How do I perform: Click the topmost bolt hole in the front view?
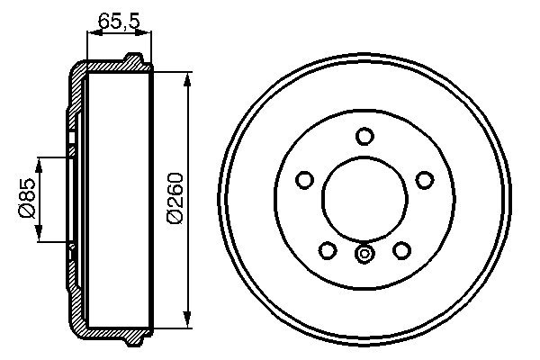[x=364, y=136]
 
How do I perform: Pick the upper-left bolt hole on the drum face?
[x=305, y=180]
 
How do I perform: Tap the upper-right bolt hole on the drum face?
[x=424, y=180]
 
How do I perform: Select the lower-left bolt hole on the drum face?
[x=328, y=249]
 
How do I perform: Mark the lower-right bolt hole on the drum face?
[x=401, y=249]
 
